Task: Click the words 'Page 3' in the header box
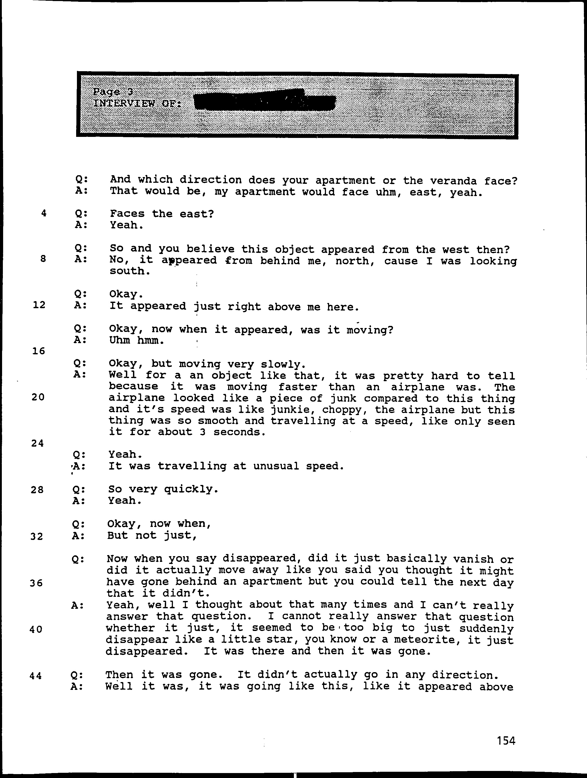pyautogui.click(x=113, y=92)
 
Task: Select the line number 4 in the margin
pyautogui.click(x=44, y=213)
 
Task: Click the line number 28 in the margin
pyautogui.click(x=37, y=489)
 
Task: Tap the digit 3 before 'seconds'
pyautogui.click(x=202, y=432)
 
